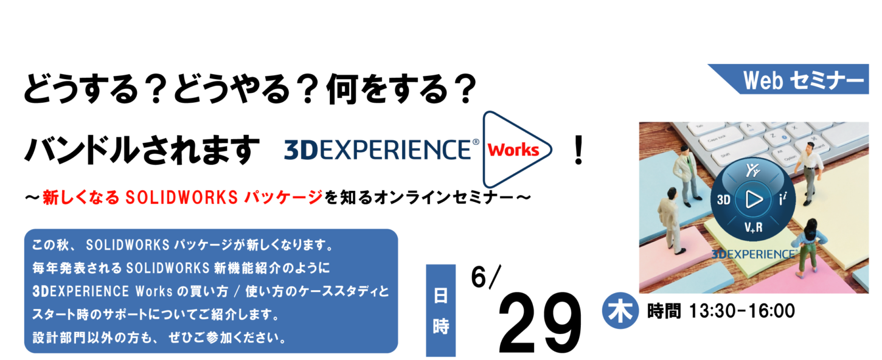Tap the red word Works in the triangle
pyautogui.click(x=513, y=150)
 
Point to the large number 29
pyautogui.click(x=540, y=323)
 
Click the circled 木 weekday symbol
pyautogui.click(x=620, y=311)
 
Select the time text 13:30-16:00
pyautogui.click(x=742, y=311)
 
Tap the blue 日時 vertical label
pyautogui.click(x=440, y=310)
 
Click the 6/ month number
pyautogui.click(x=485, y=277)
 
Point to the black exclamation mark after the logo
pyautogui.click(x=578, y=150)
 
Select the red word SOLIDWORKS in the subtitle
pyautogui.click(x=181, y=198)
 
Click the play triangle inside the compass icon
pyautogui.click(x=754, y=199)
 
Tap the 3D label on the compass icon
pyautogui.click(x=724, y=199)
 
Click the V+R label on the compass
pyautogui.click(x=753, y=227)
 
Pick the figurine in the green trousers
pyautogui.click(x=808, y=249)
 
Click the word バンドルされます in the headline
pyautogui.click(x=142, y=150)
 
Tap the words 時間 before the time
pyautogui.click(x=664, y=311)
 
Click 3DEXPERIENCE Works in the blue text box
pyautogui.click(x=102, y=291)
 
